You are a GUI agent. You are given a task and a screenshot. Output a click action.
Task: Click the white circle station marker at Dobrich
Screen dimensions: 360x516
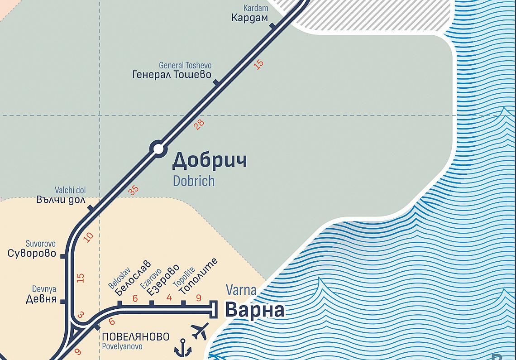158,149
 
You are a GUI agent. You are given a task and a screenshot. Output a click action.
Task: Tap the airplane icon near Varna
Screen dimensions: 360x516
200,331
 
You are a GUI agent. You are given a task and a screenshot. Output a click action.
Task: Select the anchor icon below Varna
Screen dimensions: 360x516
183,348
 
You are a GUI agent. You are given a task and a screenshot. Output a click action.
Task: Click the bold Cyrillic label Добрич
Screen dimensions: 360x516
210,161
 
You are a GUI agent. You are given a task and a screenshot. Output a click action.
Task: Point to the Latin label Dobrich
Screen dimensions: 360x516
193,181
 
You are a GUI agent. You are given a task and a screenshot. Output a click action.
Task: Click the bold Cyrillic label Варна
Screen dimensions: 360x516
255,311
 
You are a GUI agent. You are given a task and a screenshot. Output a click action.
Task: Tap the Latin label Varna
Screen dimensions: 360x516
241,290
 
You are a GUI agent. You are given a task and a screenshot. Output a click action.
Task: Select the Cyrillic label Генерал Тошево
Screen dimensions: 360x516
172,75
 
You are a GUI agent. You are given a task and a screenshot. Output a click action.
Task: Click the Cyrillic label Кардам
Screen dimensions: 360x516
249,18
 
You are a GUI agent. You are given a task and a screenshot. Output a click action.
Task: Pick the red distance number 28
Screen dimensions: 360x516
199,125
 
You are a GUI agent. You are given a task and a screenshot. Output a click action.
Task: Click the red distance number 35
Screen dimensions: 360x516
133,191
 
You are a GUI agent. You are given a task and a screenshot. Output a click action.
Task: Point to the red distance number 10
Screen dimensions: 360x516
89,236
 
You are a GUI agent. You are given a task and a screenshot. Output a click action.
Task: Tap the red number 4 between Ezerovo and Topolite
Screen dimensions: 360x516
169,298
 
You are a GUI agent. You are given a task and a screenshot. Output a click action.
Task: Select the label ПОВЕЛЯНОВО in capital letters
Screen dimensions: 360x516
136,337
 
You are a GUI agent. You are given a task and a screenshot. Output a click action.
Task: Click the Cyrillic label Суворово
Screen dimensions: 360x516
32,254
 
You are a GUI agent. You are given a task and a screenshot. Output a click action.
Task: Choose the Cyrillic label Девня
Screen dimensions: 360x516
41,299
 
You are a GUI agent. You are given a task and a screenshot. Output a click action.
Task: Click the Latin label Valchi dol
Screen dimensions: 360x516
70,191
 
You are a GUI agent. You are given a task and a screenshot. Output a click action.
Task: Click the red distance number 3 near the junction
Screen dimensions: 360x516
81,315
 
